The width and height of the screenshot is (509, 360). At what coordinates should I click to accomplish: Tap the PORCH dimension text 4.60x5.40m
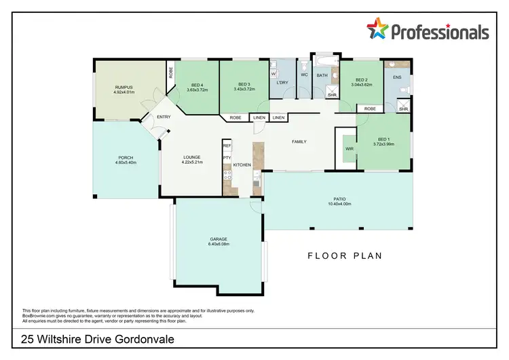tap(126, 163)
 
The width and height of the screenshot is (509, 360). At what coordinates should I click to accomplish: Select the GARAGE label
tap(219, 239)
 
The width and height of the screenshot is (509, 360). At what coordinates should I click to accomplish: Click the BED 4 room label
tap(196, 84)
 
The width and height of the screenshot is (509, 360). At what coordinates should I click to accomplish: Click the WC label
tap(304, 75)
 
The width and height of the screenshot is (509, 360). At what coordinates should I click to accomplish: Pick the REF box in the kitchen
tap(227, 145)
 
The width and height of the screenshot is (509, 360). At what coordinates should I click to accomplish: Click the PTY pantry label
tap(227, 158)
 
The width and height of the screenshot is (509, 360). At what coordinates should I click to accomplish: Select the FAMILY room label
tap(299, 142)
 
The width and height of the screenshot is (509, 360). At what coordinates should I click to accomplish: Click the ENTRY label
tap(164, 117)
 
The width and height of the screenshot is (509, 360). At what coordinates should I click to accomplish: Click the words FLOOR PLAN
tap(345, 256)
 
